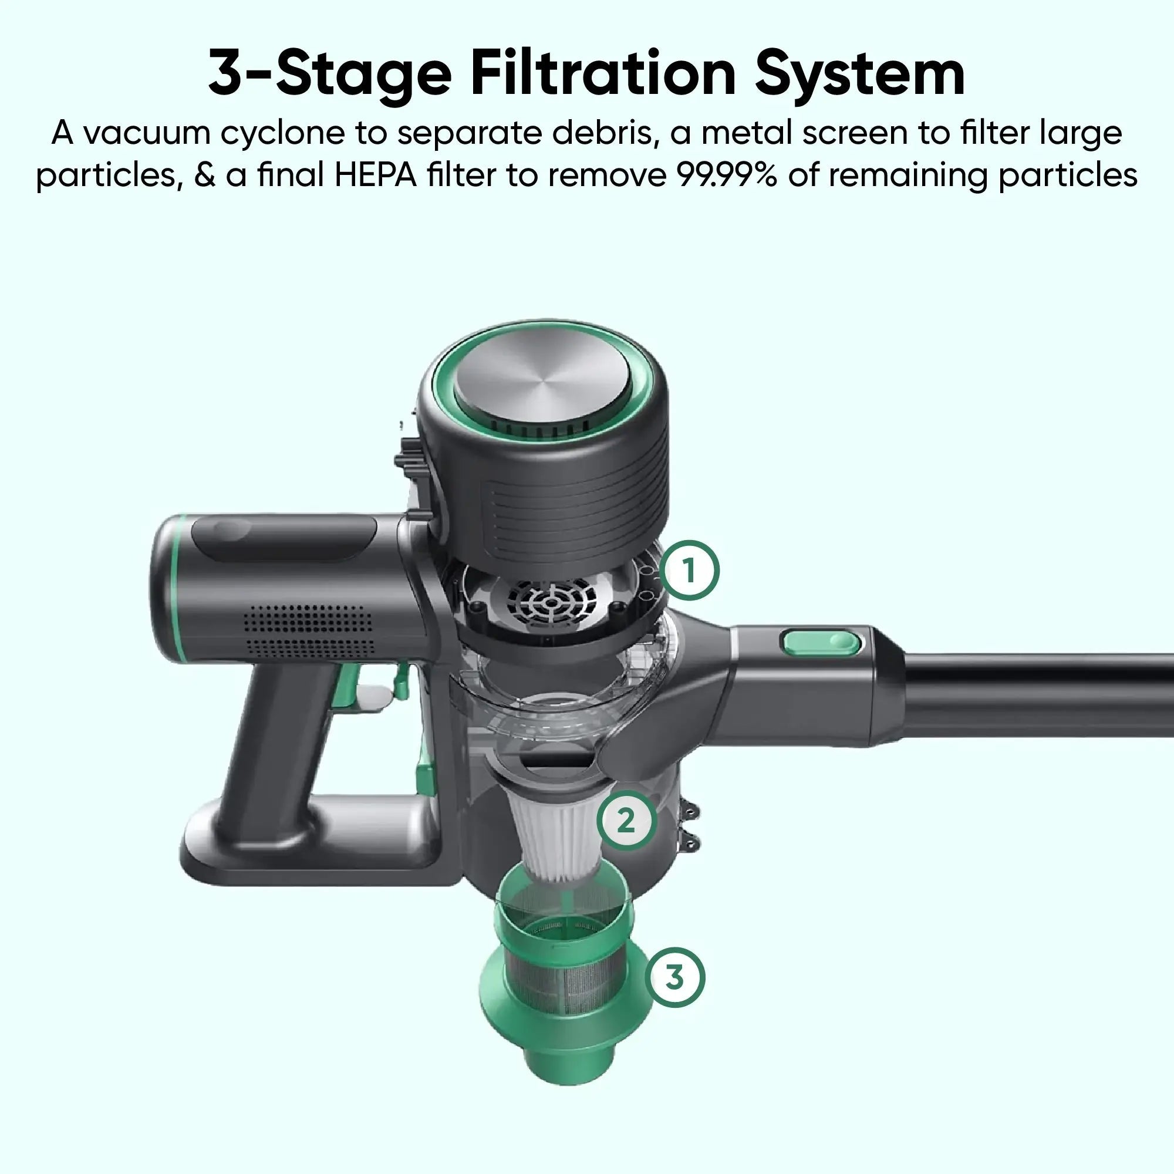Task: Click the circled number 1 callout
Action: [689, 571]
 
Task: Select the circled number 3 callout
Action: [674, 978]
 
